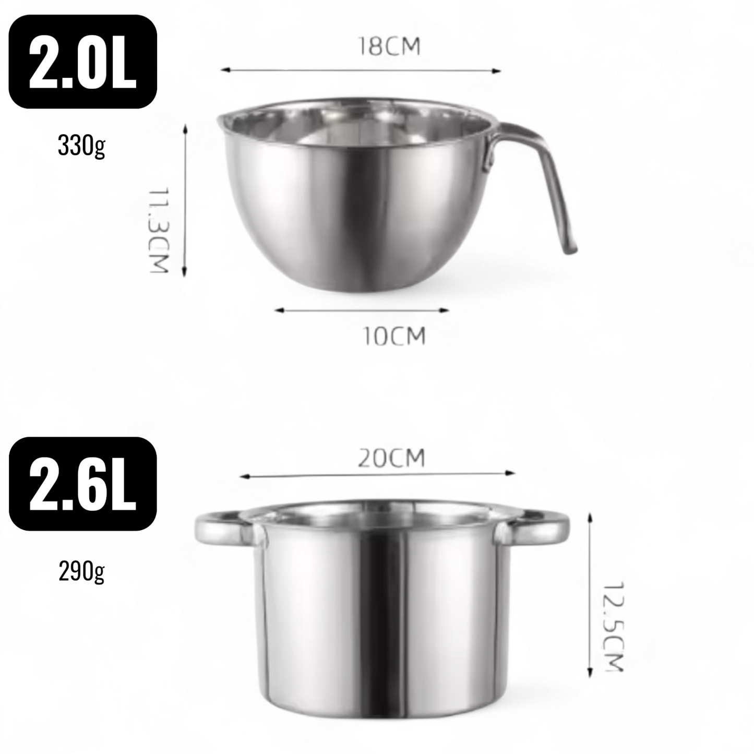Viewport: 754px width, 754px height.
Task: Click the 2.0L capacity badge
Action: (82, 62)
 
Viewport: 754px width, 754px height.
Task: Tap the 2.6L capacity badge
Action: (82, 484)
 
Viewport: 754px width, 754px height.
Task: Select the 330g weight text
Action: (81, 146)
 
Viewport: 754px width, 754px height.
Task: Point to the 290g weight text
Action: (81, 571)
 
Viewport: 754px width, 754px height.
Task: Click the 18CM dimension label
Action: (389, 47)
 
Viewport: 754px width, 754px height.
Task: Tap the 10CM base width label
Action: (394, 336)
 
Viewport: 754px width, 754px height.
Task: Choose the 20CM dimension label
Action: (391, 458)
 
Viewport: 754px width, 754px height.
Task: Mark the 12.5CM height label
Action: (614, 626)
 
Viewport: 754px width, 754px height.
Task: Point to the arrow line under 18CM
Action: (360, 70)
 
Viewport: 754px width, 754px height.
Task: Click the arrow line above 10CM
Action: (362, 310)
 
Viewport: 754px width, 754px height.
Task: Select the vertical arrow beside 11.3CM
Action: (184, 201)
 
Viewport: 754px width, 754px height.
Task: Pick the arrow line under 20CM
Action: (377, 475)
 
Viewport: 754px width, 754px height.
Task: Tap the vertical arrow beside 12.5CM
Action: (590, 595)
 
